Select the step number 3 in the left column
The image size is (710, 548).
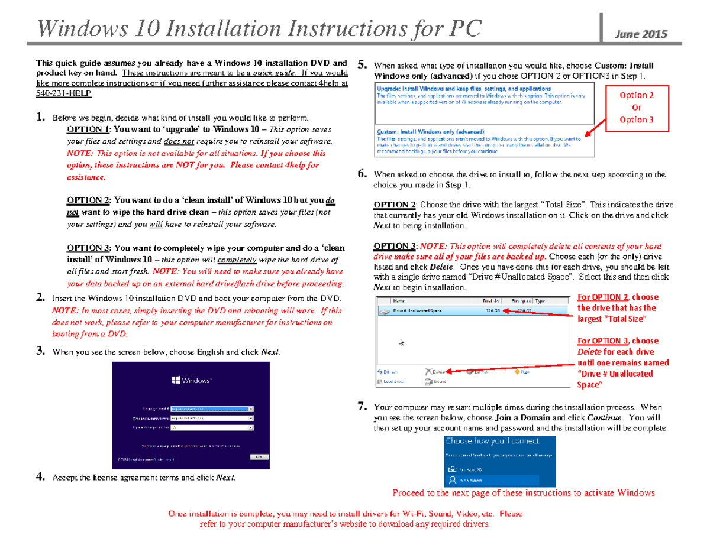[40, 352]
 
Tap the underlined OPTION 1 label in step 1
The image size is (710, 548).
[88, 129]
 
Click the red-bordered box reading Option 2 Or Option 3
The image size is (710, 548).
[636, 107]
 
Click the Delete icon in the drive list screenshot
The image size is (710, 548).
[435, 372]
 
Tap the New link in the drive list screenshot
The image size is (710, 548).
[522, 372]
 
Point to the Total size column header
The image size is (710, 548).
[492, 300]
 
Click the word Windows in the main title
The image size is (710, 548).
[82, 28]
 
